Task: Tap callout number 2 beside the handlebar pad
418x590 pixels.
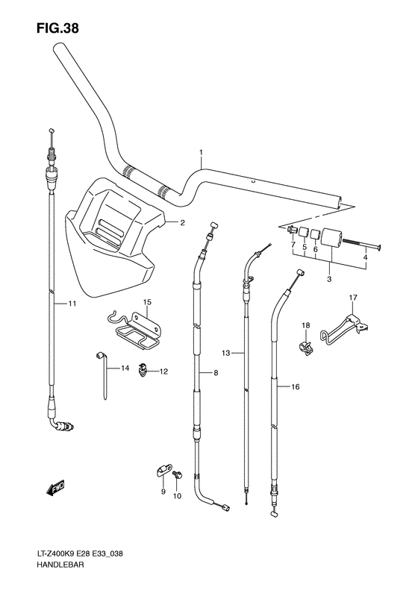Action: coord(181,222)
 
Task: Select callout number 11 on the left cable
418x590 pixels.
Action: coord(72,304)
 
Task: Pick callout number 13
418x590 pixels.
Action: coord(225,351)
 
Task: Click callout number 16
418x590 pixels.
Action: coord(296,387)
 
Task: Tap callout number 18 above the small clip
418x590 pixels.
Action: coord(305,326)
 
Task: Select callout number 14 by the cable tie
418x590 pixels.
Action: coord(125,368)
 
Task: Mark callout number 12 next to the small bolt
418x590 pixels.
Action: coord(163,371)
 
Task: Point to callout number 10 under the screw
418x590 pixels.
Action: coord(178,496)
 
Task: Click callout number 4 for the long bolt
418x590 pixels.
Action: coord(365,257)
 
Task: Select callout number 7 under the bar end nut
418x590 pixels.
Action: coord(293,245)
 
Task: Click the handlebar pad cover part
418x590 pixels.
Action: coord(112,239)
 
